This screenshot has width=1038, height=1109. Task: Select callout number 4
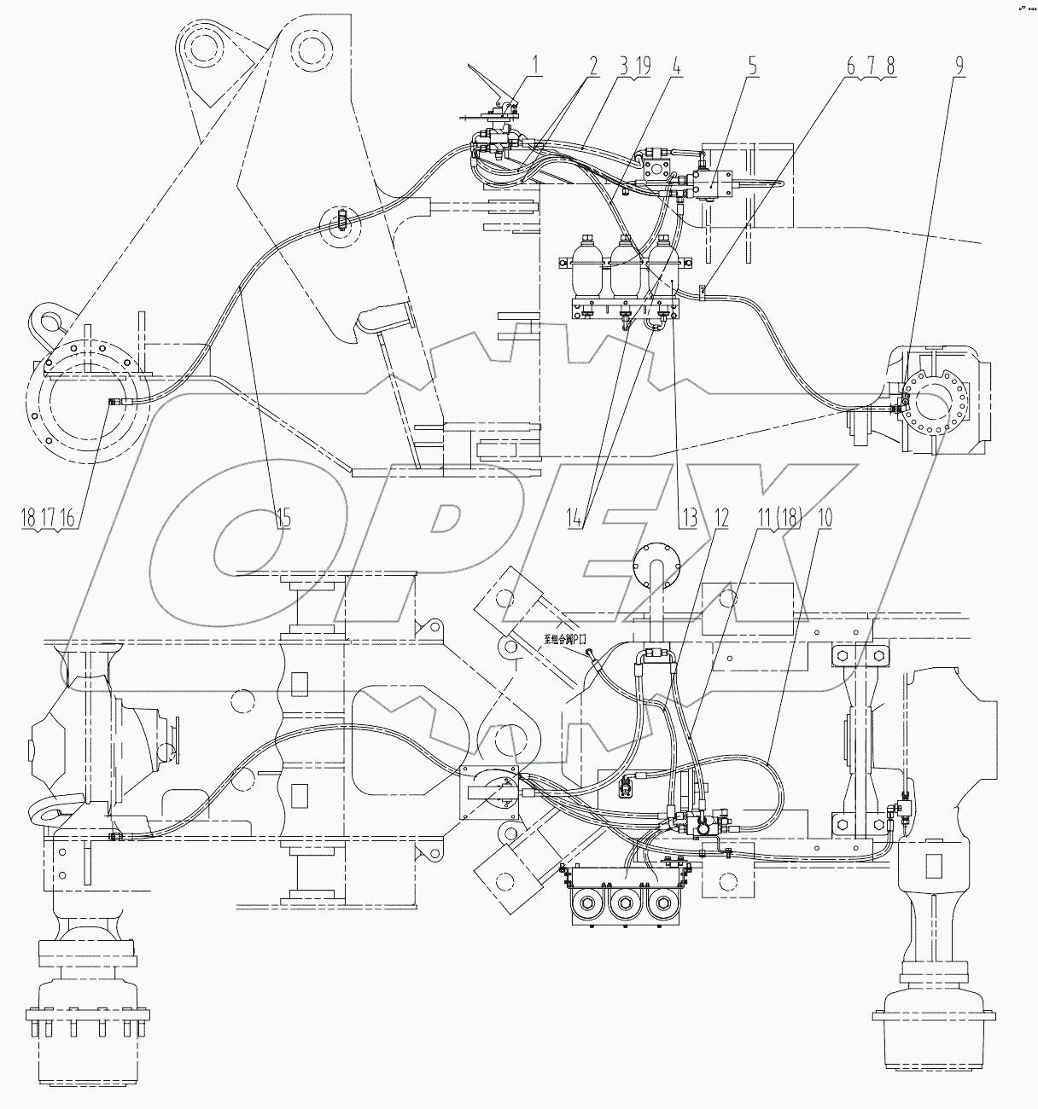675,65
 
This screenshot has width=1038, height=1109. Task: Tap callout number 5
750,65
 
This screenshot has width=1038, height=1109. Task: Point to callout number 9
959,65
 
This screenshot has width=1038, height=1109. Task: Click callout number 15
283,517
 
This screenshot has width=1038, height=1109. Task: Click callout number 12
721,517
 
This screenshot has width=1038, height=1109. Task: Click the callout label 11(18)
777,517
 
